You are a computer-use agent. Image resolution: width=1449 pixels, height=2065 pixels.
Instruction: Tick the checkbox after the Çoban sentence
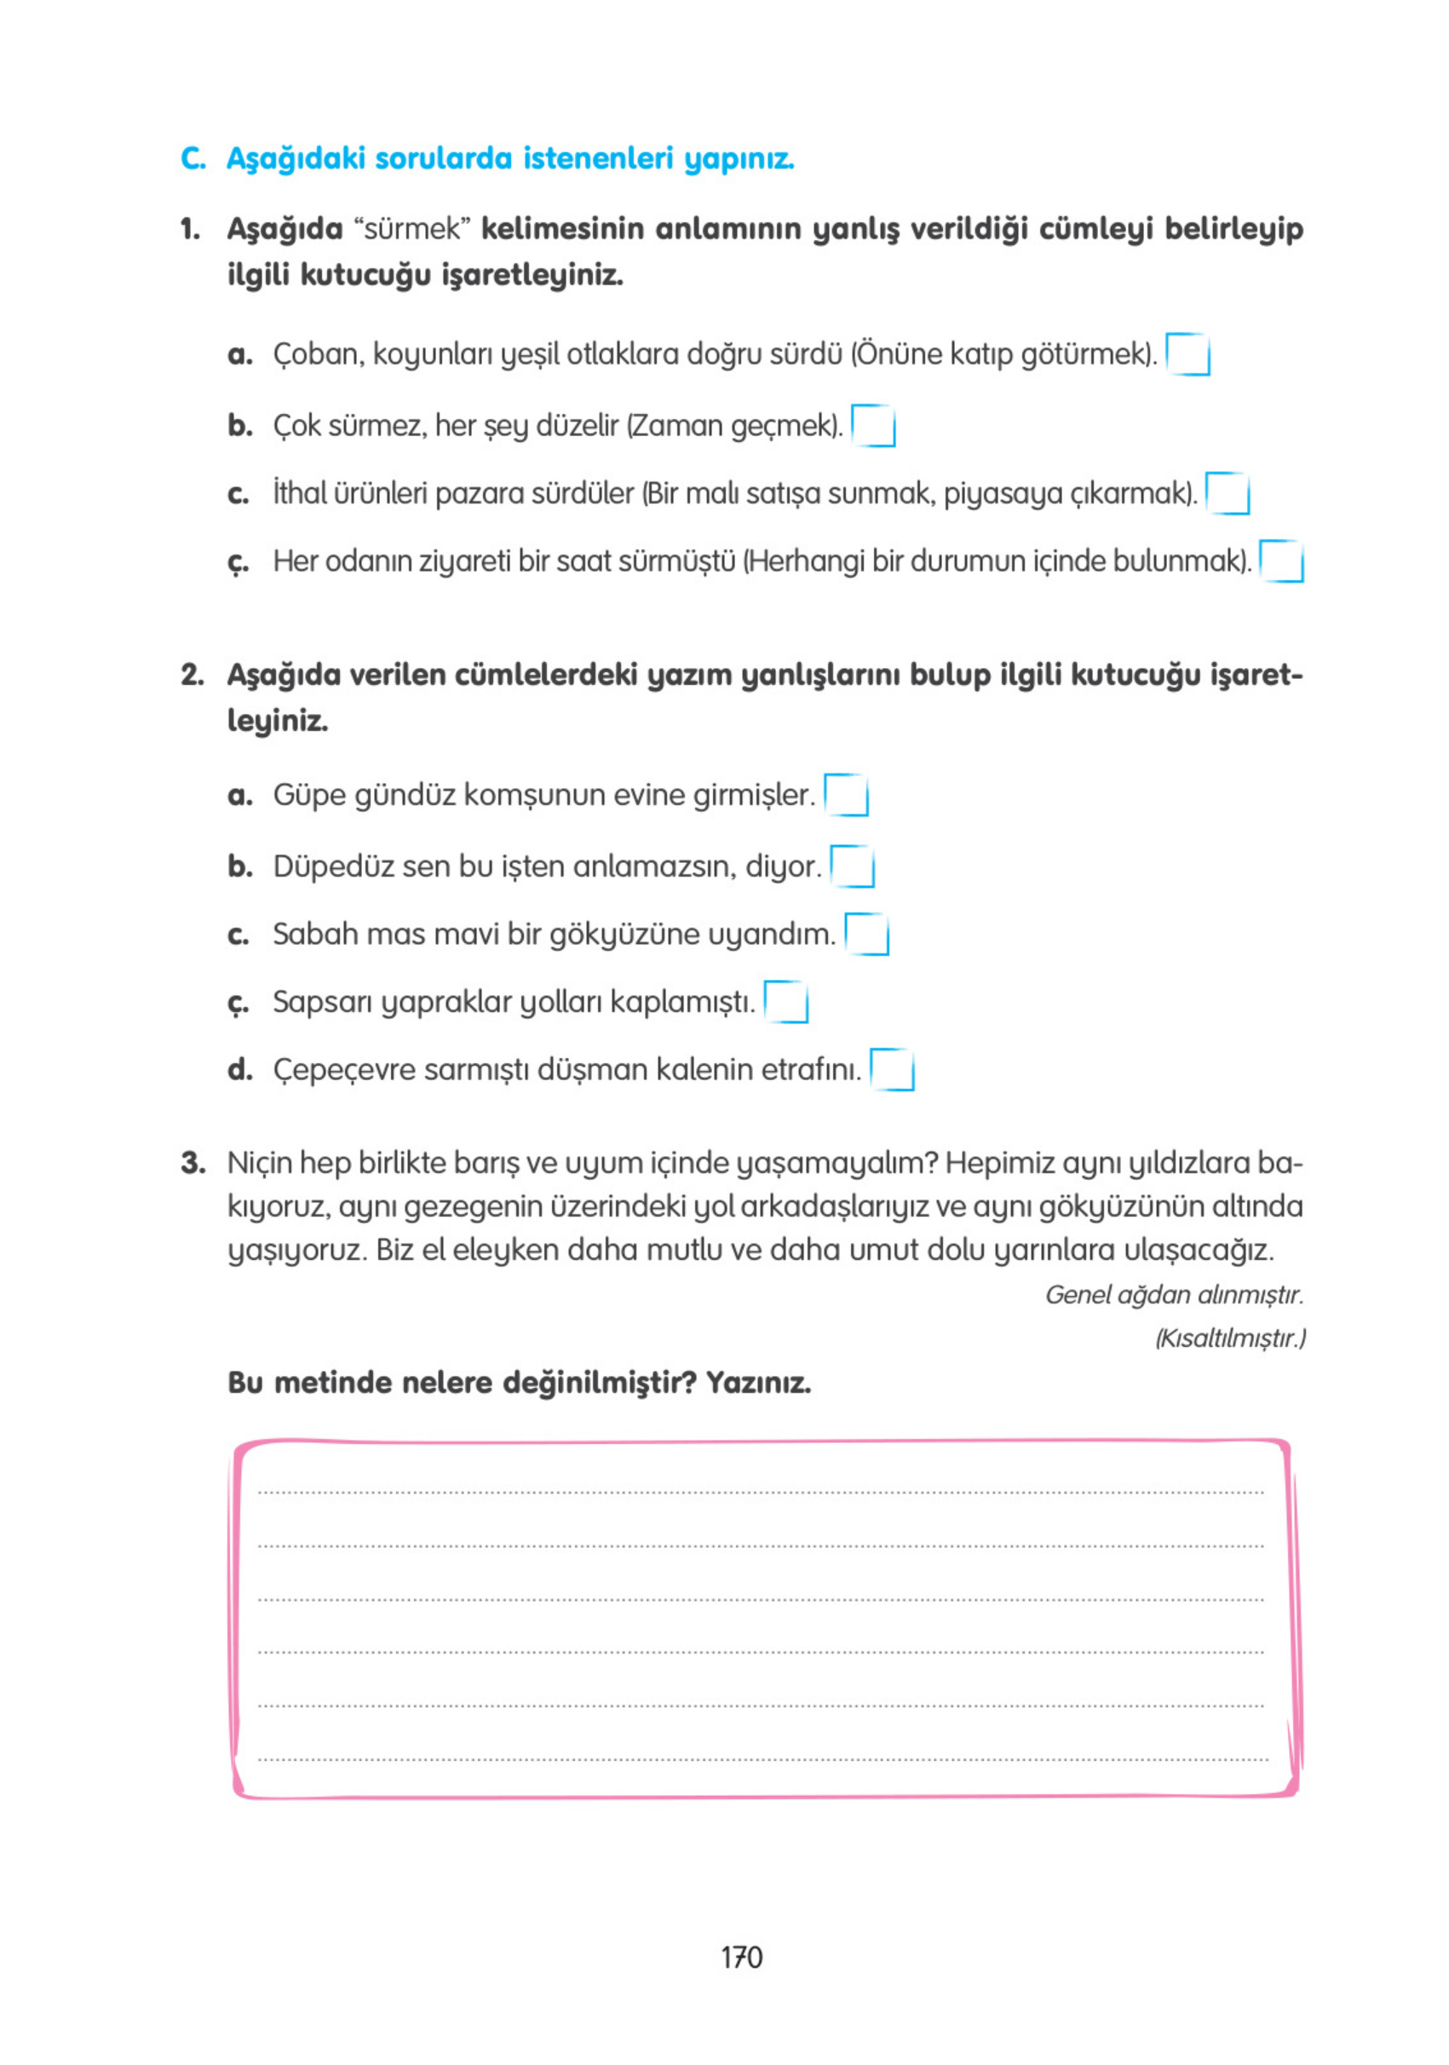tap(1187, 354)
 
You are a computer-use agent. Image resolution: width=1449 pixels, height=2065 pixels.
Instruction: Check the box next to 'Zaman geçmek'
tap(872, 425)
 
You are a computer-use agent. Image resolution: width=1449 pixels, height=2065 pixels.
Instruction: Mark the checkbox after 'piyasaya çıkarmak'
tap(1227, 493)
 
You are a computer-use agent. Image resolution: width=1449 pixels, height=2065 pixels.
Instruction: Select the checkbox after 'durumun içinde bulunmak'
tap(1281, 561)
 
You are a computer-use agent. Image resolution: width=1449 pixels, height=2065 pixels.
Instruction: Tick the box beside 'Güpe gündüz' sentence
tap(846, 795)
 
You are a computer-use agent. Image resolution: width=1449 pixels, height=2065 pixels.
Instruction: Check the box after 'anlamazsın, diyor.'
tap(852, 866)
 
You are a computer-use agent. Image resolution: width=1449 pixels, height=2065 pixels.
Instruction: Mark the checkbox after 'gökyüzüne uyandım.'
tap(866, 934)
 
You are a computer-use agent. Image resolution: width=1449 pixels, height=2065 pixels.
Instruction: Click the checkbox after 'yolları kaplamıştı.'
tap(785, 1002)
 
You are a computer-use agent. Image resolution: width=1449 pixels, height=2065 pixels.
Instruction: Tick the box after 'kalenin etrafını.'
tap(891, 1069)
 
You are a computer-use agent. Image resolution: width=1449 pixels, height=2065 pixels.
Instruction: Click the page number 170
tap(741, 1957)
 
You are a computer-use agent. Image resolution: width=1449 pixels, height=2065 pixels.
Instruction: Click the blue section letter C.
tap(193, 158)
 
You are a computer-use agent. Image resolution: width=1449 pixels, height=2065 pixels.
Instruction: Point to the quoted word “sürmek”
tap(412, 228)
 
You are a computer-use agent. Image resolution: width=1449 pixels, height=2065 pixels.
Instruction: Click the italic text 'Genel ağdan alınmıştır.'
tap(1173, 1294)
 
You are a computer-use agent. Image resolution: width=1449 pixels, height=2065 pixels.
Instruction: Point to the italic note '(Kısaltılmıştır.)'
tap(1229, 1337)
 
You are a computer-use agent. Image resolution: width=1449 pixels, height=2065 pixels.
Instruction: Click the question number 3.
tap(192, 1163)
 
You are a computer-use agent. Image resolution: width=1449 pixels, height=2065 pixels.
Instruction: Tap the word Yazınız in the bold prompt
tap(757, 1383)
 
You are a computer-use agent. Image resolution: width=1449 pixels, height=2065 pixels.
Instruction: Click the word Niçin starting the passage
tap(260, 1163)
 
